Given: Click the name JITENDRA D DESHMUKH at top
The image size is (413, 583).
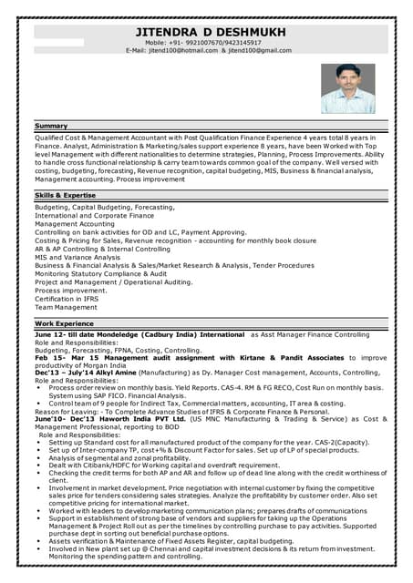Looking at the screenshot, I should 210,32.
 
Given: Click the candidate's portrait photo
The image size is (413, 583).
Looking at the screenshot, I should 347,88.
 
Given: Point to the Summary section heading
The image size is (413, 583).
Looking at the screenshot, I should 51,125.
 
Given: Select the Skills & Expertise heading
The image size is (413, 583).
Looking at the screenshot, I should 65,195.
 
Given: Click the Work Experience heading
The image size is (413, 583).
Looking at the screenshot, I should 64,323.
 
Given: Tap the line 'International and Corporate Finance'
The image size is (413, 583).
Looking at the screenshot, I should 94,215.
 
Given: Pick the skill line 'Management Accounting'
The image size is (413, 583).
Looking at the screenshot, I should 75,223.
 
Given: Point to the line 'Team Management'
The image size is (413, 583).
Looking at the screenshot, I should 65,307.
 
